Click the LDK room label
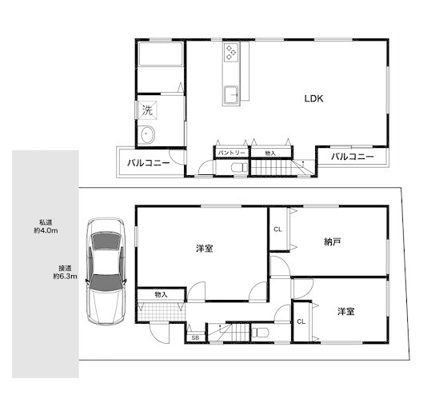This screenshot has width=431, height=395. [313, 98]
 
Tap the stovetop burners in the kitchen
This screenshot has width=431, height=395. [231, 52]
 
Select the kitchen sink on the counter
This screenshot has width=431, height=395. [230, 95]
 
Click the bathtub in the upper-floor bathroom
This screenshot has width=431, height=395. [161, 54]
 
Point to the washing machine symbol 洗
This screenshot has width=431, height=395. [147, 110]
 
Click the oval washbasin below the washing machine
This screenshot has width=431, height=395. [148, 134]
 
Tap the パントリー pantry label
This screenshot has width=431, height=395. [231, 153]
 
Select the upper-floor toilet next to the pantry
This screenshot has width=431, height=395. [239, 167]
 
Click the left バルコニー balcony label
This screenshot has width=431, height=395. [148, 163]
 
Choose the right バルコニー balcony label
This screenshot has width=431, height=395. [353, 157]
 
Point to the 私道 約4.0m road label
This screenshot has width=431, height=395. [46, 226]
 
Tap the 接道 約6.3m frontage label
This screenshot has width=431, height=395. [65, 272]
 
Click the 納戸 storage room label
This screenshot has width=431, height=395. [333, 242]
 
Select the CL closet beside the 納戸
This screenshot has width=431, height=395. [278, 229]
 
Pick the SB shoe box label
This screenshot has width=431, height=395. [195, 337]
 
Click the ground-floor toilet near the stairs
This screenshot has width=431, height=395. [260, 333]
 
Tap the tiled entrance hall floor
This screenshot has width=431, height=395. [161, 311]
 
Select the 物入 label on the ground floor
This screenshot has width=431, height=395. [161, 295]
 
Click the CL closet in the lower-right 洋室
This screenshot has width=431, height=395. [301, 321]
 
